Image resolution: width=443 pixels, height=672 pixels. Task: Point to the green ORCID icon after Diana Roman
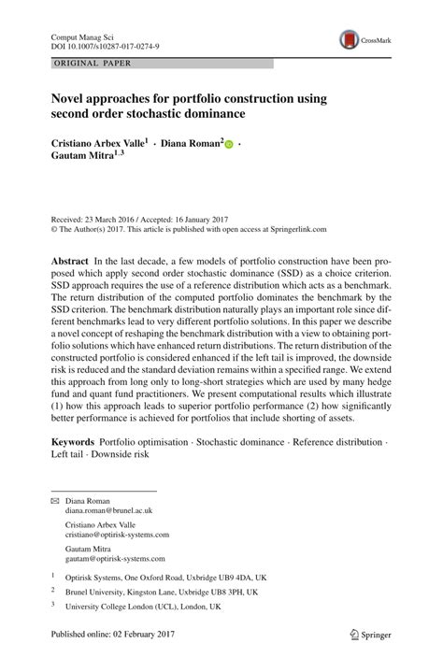[x=229, y=147]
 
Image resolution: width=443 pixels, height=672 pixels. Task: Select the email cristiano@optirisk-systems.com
[x=117, y=535]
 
